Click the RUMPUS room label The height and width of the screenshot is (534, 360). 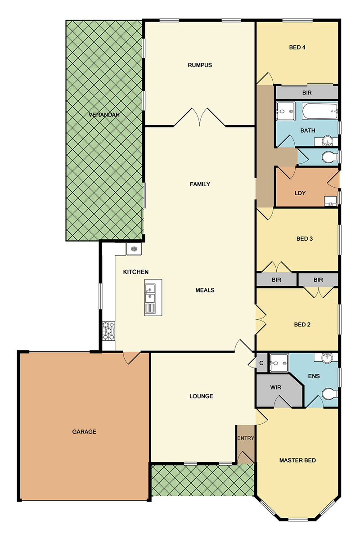200,65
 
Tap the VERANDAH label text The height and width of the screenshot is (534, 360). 104,115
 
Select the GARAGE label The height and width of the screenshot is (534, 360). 84,431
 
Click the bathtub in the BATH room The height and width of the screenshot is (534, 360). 320,111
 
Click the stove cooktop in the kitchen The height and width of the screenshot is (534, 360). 108,331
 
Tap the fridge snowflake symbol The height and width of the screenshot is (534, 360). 134,249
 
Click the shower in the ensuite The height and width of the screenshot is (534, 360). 279,363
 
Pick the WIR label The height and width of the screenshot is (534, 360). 275,387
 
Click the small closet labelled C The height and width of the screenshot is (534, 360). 261,363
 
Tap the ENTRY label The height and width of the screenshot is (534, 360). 246,438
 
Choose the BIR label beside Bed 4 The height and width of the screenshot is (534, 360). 307,93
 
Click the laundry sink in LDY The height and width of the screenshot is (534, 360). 330,201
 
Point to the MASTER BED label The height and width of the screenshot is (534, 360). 297,460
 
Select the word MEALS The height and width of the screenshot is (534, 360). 205,290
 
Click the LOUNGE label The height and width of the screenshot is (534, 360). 201,396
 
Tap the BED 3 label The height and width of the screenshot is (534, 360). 305,239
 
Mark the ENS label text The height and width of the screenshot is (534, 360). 314,376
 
